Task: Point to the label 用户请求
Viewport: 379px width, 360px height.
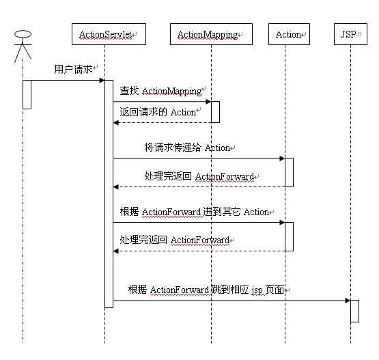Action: pyautogui.click(x=73, y=70)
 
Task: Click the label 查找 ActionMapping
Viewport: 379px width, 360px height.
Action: pyautogui.click(x=160, y=91)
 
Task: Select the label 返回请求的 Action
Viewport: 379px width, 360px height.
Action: pyautogui.click(x=158, y=112)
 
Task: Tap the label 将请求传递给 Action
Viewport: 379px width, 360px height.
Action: pyautogui.click(x=187, y=148)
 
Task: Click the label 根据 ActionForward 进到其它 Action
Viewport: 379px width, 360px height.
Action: pyautogui.click(x=195, y=212)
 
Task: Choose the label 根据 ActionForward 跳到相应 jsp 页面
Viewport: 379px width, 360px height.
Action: pyautogui.click(x=206, y=290)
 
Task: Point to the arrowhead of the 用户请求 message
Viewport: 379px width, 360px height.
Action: pyautogui.click(x=102, y=81)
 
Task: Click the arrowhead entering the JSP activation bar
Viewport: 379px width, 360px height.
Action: pyautogui.click(x=348, y=301)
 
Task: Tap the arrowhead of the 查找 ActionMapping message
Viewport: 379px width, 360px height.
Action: pyautogui.click(x=208, y=102)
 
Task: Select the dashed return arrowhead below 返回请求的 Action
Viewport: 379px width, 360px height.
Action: pyautogui.click(x=116, y=123)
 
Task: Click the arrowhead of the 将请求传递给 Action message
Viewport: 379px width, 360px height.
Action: pyautogui.click(x=282, y=158)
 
